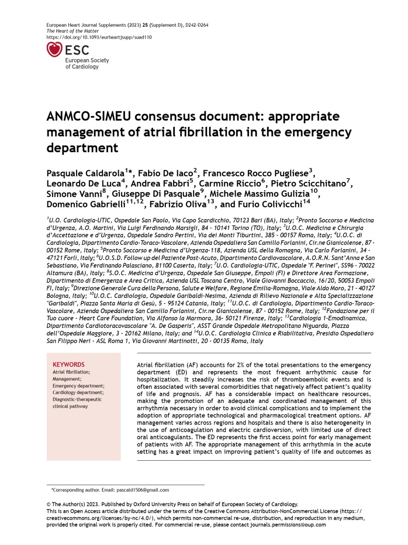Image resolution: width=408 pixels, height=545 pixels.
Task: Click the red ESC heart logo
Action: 55,49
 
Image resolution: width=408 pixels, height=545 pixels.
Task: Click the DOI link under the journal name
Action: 99,37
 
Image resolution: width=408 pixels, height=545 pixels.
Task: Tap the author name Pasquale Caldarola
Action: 85,174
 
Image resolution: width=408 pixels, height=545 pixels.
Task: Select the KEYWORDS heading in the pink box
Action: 69,364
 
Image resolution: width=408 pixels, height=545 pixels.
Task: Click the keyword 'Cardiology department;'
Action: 78,392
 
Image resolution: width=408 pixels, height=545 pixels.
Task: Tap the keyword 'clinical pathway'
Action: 70,406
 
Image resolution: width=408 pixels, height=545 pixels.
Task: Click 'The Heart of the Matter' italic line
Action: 73,31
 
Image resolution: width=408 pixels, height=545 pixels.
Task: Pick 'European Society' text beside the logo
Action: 87,60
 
